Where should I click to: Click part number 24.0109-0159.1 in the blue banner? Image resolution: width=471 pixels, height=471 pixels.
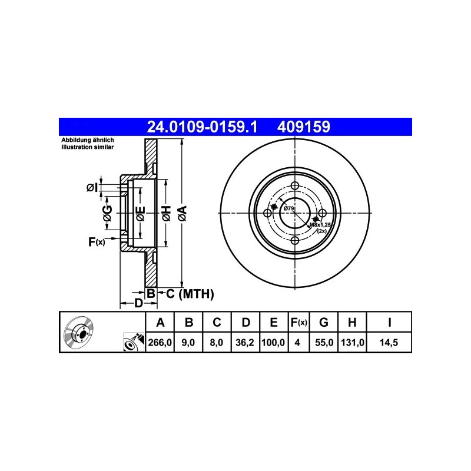[202, 127]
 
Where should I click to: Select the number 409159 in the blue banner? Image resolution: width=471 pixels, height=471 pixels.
[303, 127]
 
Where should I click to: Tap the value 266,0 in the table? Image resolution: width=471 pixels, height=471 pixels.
[160, 343]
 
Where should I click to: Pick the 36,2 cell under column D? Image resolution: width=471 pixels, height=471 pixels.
[245, 343]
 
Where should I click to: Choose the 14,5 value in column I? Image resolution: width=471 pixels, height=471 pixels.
[389, 343]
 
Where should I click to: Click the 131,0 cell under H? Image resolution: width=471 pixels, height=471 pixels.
[352, 343]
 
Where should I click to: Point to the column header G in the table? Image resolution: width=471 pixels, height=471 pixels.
[323, 322]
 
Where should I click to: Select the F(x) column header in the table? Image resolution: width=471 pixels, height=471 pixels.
[299, 322]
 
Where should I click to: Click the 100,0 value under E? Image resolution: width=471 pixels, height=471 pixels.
[273, 343]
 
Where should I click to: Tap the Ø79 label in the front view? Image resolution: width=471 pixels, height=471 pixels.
[288, 208]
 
